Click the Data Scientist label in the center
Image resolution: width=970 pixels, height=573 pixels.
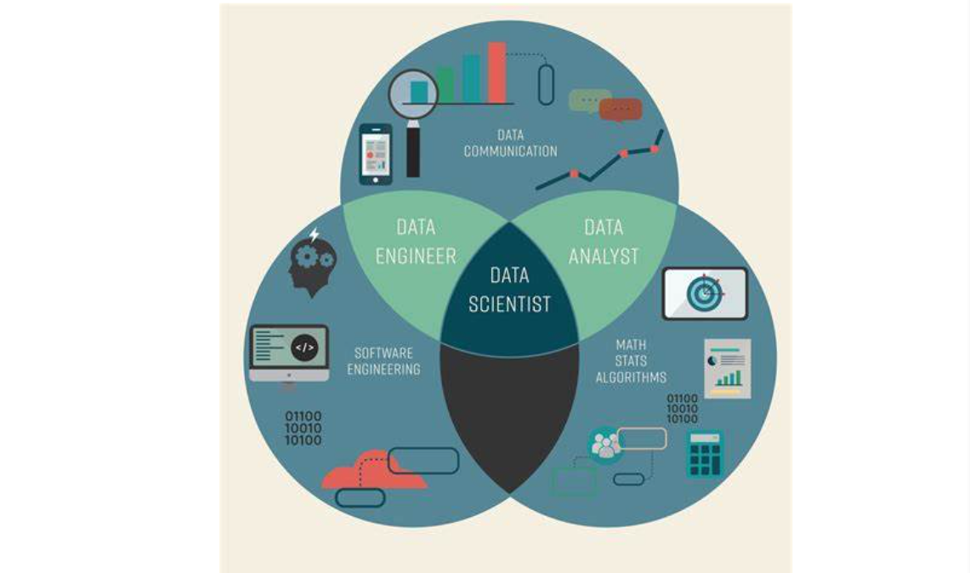point(509,289)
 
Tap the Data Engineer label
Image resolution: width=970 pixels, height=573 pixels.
point(416,241)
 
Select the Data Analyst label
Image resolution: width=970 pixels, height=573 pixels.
point(604,241)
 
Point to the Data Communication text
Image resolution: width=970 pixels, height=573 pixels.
point(510,143)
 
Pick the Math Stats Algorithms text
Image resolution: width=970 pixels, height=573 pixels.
point(630,360)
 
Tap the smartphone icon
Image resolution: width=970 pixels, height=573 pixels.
point(375,154)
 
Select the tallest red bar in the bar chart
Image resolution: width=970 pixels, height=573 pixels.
point(496,71)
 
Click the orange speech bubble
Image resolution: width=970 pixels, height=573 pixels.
point(621,110)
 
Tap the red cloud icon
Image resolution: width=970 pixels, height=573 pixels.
point(372,478)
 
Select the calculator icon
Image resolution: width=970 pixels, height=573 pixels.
point(705,454)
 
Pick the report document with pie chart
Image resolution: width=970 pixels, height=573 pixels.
point(727,368)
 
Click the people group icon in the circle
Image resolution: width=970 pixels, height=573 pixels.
point(605,445)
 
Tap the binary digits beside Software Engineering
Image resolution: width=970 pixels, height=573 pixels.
point(303,428)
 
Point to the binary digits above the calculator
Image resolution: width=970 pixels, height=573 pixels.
point(682,408)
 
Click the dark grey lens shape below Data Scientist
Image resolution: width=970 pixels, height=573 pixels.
point(509,412)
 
